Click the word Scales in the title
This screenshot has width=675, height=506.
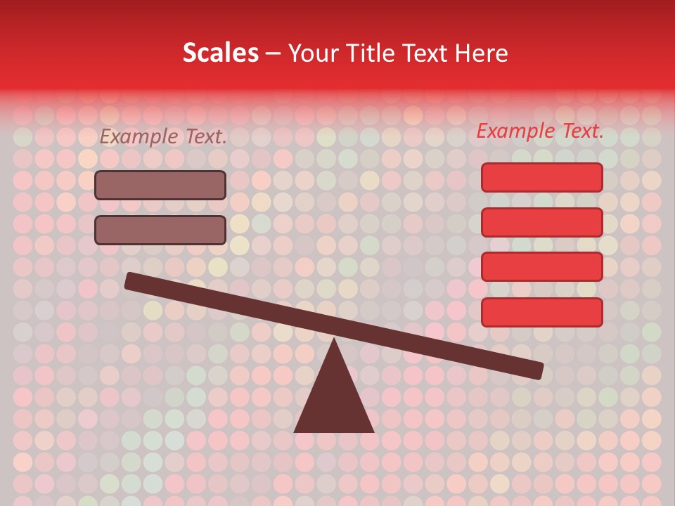click(x=221, y=53)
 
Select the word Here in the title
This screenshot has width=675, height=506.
click(x=482, y=53)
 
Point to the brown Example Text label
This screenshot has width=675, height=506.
click(x=163, y=136)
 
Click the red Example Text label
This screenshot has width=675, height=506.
click(x=540, y=131)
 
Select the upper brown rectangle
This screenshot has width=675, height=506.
click(x=160, y=185)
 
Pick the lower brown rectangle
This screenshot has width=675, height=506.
click(x=160, y=230)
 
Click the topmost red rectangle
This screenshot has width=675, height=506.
click(x=541, y=177)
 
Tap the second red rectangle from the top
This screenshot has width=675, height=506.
click(x=541, y=222)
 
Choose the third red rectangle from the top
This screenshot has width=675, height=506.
click(x=541, y=266)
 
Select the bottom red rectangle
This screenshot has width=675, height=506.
click(x=541, y=312)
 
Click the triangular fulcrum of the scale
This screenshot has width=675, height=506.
click(x=334, y=401)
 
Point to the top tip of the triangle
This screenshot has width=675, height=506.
click(x=334, y=342)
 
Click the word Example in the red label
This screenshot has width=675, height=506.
click(x=515, y=131)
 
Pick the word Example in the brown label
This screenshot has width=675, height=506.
click(x=139, y=136)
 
